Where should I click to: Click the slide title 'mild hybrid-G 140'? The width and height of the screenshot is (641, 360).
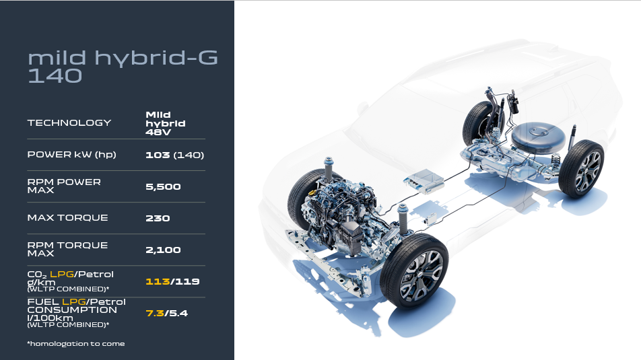pyautogui.click(x=123, y=67)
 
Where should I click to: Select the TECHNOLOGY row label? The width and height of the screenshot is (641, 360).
pyautogui.click(x=69, y=122)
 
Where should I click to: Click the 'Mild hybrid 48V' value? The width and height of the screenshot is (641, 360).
pyautogui.click(x=166, y=123)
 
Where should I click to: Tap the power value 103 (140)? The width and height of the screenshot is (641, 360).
pyautogui.click(x=174, y=155)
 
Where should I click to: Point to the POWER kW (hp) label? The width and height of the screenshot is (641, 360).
pyautogui.click(x=71, y=155)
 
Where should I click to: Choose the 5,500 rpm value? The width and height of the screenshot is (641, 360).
pyautogui.click(x=163, y=187)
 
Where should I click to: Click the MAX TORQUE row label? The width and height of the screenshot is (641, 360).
pyautogui.click(x=67, y=218)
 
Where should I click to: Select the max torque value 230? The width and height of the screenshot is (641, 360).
pyautogui.click(x=158, y=218)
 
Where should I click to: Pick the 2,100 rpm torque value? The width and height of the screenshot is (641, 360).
pyautogui.click(x=163, y=250)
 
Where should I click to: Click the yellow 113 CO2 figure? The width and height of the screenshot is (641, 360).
pyautogui.click(x=158, y=281)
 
